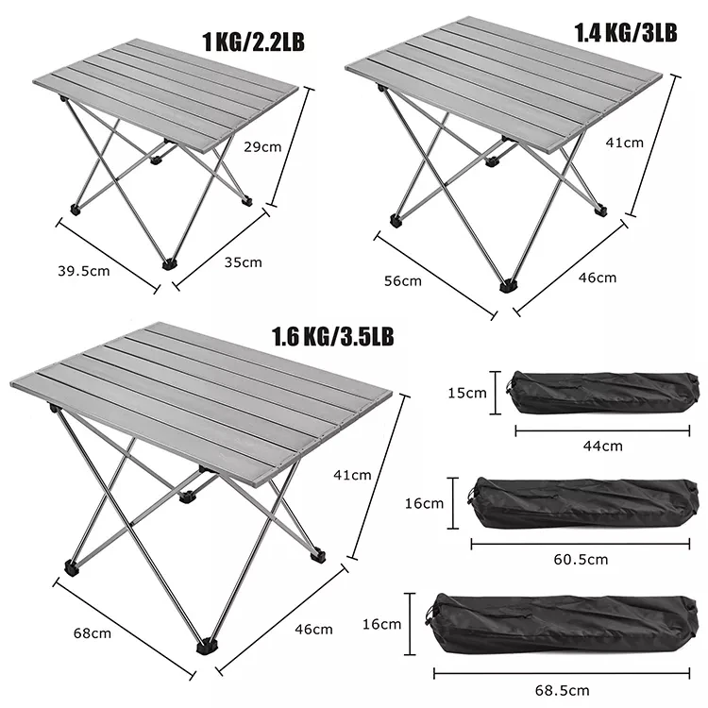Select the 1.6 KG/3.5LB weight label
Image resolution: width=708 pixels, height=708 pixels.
coord(332,336)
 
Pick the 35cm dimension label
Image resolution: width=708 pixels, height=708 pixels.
coord(244,262)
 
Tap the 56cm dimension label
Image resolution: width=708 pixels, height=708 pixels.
coord(403,280)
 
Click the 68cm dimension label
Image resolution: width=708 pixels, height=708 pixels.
coord(93,632)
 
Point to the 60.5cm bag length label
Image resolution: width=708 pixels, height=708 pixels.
coord(582,559)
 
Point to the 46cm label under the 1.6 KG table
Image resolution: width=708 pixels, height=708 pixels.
coord(314,629)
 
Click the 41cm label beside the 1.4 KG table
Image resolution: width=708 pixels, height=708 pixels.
coord(625,143)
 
